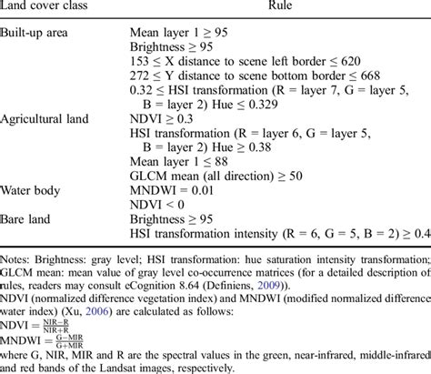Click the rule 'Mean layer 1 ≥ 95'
point(182,32)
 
